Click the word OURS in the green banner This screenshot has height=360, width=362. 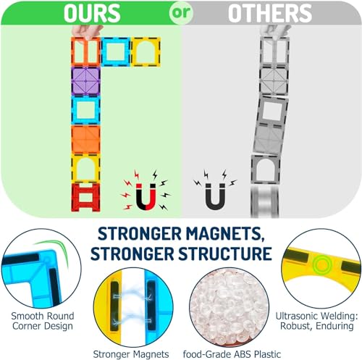pyautogui.click(x=92, y=13)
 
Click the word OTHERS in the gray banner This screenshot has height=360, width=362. pyautogui.click(x=270, y=13)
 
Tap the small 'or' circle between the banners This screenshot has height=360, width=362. pyautogui.click(x=181, y=12)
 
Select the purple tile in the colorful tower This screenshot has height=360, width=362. pyautogui.click(x=85, y=81)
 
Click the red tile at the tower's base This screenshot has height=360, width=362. pyautogui.click(x=85, y=197)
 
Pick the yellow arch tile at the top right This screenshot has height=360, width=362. pyautogui.click(x=146, y=51)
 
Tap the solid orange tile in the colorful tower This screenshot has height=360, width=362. pyautogui.click(x=85, y=139)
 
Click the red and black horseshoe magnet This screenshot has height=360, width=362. pyautogui.click(x=146, y=197)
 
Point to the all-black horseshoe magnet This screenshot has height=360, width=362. pyautogui.click(x=215, y=196)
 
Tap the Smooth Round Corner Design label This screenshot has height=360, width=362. pyautogui.click(x=43, y=321)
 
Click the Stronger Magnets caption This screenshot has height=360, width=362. pyautogui.click(x=131, y=354)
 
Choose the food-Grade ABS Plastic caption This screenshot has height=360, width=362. pyautogui.click(x=232, y=354)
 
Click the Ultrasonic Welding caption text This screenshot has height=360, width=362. pyautogui.click(x=317, y=321)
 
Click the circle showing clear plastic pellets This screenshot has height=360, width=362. pyautogui.click(x=230, y=307)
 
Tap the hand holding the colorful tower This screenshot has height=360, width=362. pyautogui.click(x=87, y=31)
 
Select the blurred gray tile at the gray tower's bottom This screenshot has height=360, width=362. pyautogui.click(x=265, y=202)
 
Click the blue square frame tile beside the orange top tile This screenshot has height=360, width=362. pyautogui.click(x=116, y=51)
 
